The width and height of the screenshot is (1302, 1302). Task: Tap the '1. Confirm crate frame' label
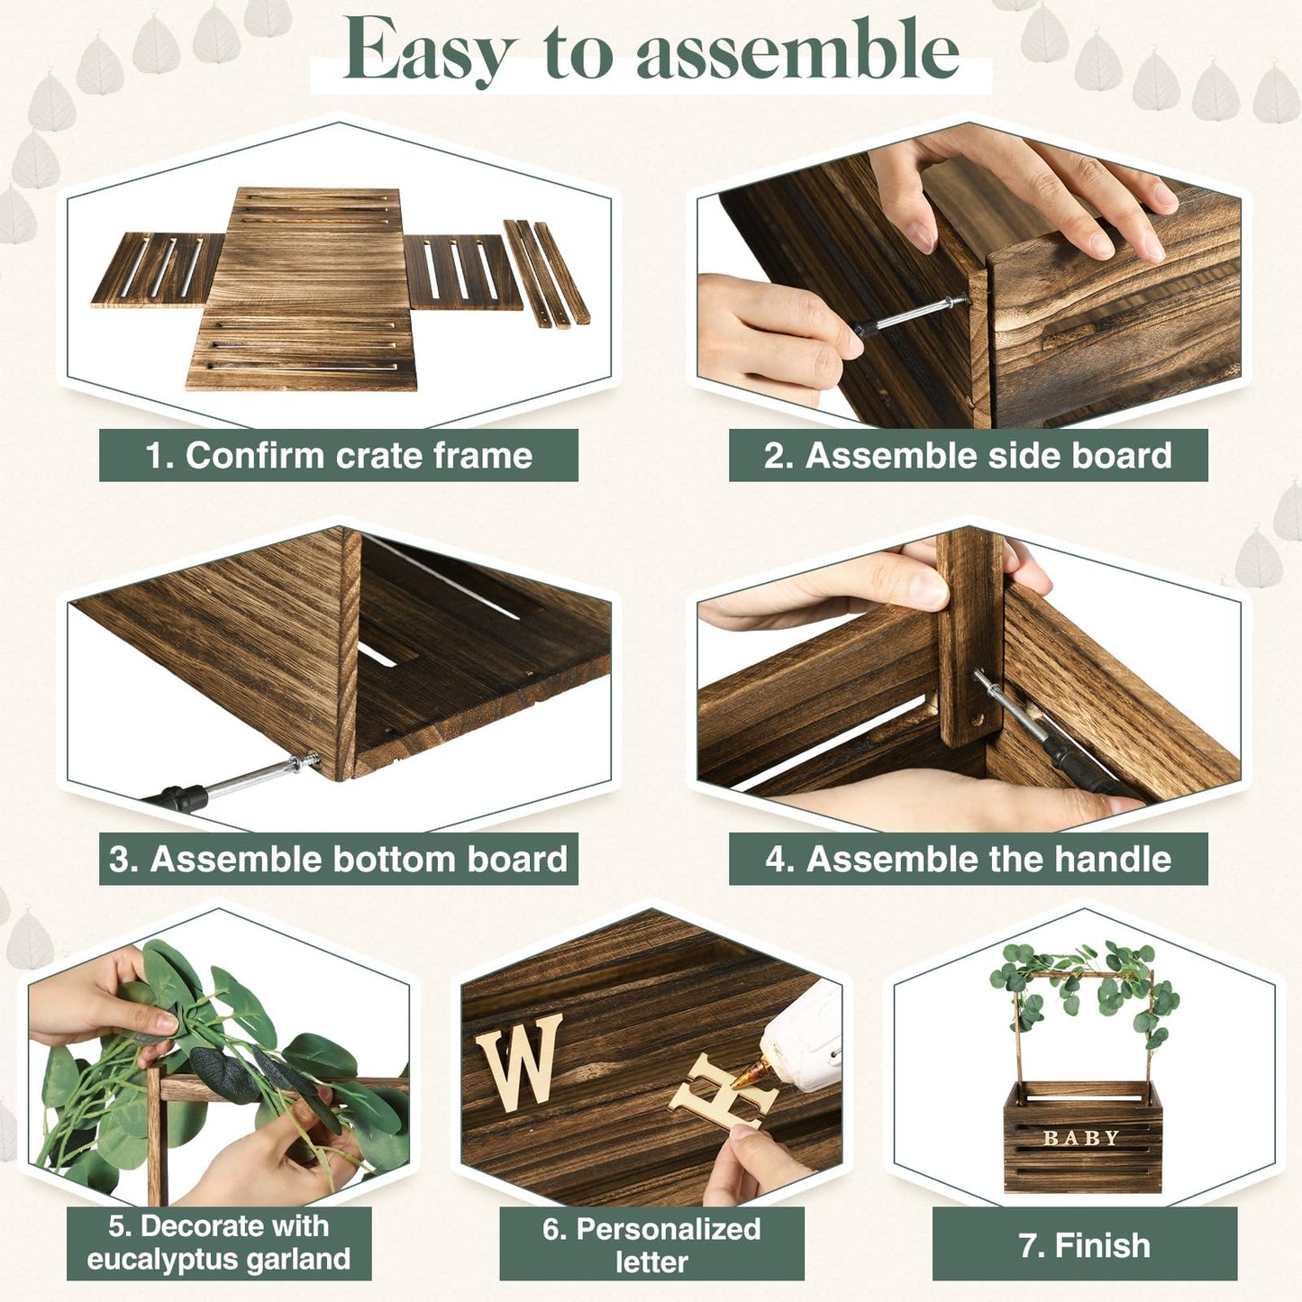pos(339,455)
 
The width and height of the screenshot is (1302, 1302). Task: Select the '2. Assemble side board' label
pos(969,455)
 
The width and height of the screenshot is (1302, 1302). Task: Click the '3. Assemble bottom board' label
pos(339,859)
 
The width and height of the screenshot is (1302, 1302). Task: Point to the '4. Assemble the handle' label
pos(969,859)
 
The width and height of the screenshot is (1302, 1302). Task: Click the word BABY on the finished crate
pos(1081,1138)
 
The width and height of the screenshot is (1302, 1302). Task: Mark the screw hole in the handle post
pos(975,719)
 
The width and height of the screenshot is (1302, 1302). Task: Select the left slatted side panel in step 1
pos(158,269)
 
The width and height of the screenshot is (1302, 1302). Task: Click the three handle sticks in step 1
pos(547,274)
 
